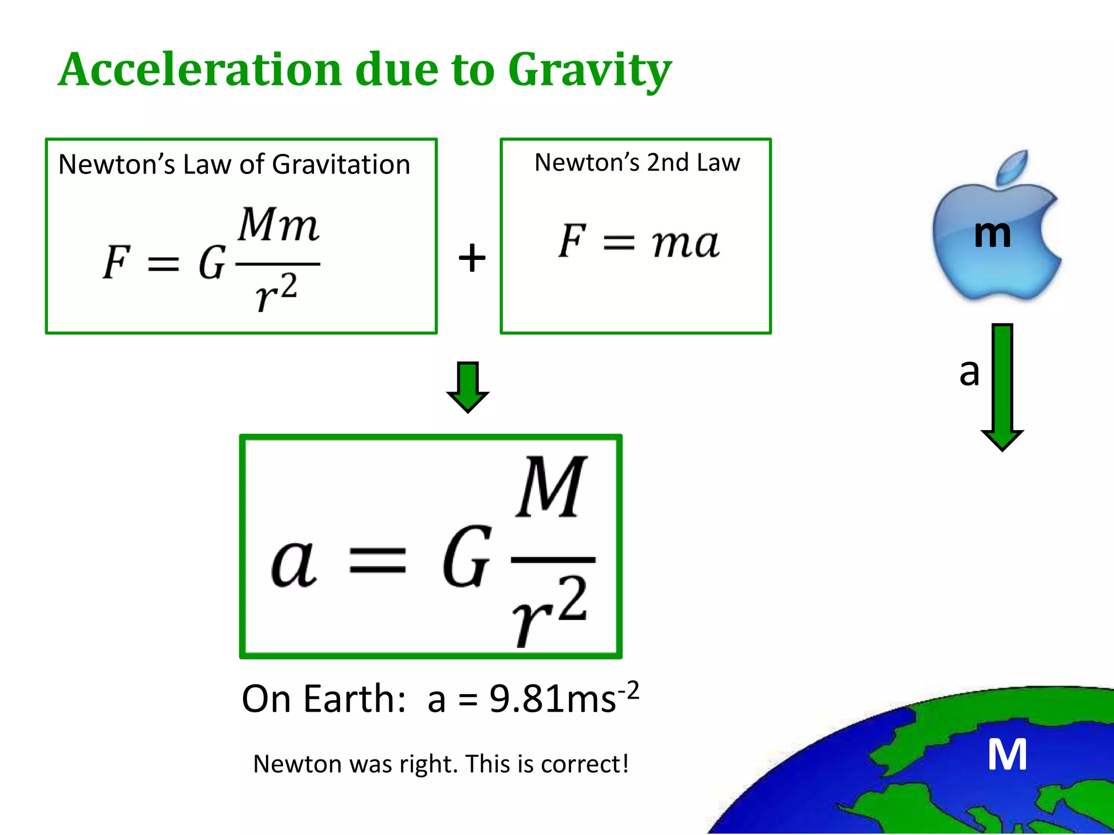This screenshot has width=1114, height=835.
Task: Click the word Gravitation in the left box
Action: click(x=341, y=165)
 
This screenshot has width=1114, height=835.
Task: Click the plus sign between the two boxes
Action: click(x=472, y=257)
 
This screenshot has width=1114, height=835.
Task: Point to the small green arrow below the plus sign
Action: click(x=468, y=387)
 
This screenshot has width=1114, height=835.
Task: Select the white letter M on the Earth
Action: click(x=1007, y=755)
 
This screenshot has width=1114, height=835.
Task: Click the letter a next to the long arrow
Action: click(x=969, y=372)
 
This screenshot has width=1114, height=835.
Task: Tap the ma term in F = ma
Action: click(x=685, y=242)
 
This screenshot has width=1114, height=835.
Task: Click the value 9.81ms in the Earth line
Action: click(x=553, y=699)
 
